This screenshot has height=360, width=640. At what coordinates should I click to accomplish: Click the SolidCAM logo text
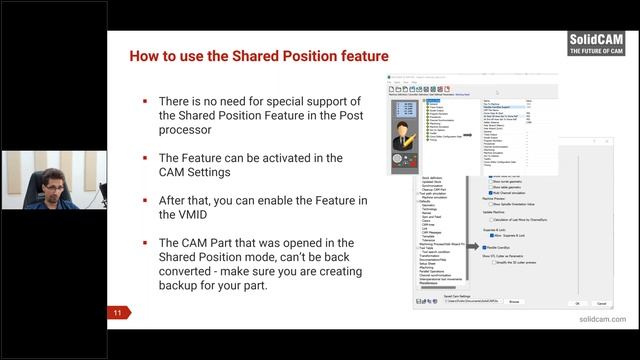tap(597, 41)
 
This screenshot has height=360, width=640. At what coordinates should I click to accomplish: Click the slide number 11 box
tap(117, 313)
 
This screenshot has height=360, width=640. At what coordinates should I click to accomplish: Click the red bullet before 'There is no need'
tap(145, 101)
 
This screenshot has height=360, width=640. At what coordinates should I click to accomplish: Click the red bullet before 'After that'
tap(145, 200)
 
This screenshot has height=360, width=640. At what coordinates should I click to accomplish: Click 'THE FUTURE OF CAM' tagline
tap(597, 52)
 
